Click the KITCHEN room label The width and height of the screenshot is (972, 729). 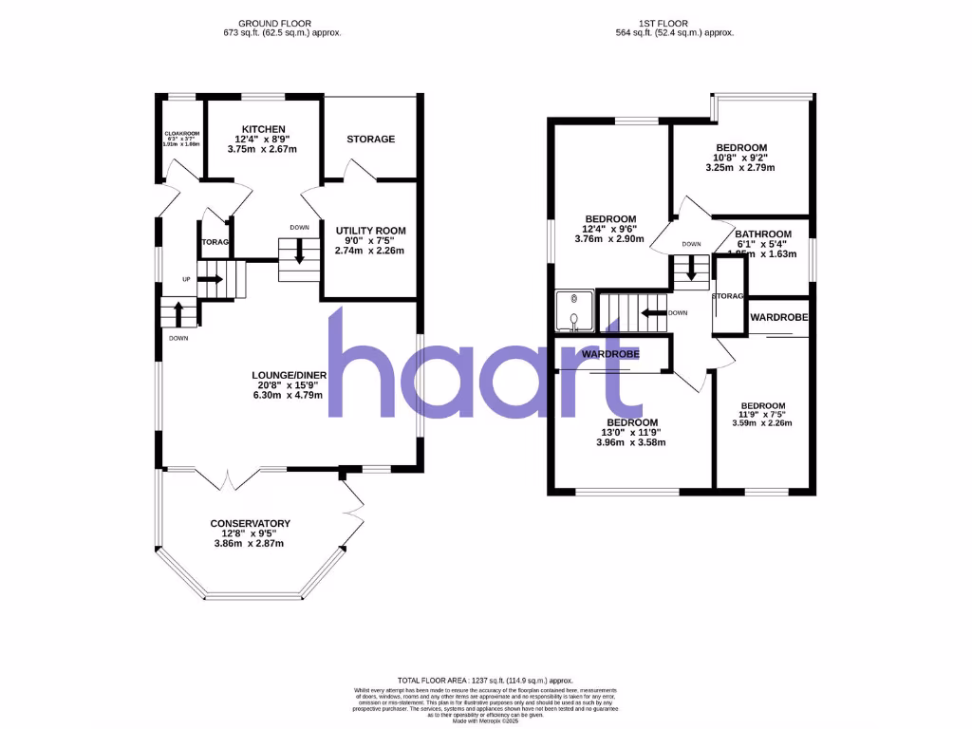tap(263, 129)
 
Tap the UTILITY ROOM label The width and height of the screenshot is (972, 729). tap(370, 230)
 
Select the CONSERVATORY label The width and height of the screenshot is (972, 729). tap(251, 523)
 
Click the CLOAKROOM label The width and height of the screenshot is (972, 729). tap(179, 133)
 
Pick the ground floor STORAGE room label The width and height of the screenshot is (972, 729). tap(370, 140)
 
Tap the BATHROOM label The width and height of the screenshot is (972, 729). tap(763, 234)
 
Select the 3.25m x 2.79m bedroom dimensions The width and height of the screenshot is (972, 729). tap(739, 168)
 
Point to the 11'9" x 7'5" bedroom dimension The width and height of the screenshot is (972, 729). tap(763, 414)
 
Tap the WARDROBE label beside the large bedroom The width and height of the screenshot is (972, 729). tap(609, 354)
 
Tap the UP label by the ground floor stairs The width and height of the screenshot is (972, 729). tap(187, 279)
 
